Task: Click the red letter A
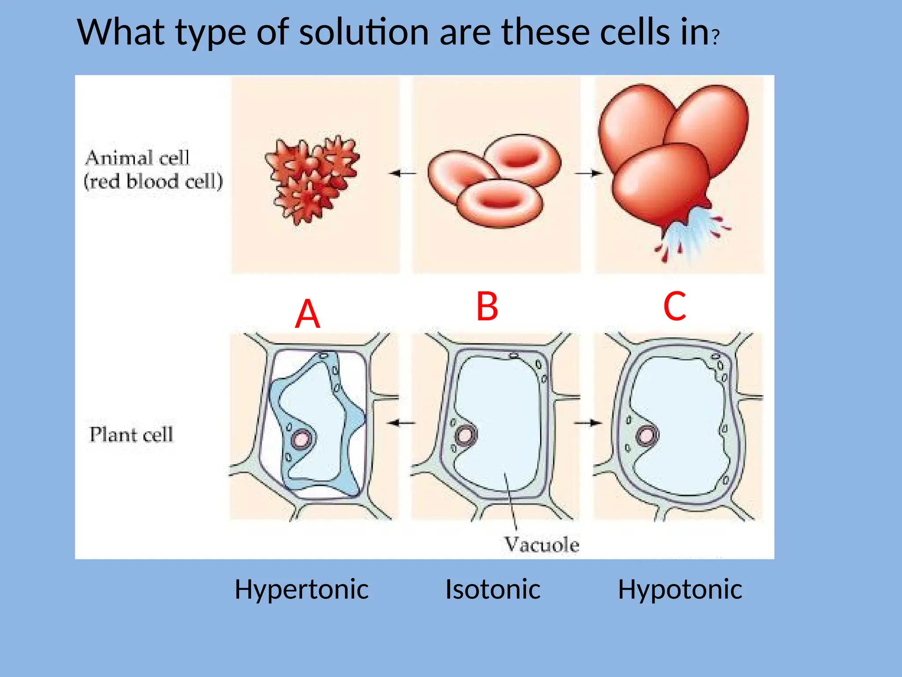(x=307, y=314)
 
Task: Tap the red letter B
(x=487, y=307)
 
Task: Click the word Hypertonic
(x=301, y=590)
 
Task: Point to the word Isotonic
(x=492, y=589)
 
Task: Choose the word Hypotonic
(x=680, y=589)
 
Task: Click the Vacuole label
(x=541, y=545)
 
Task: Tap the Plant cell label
(x=131, y=435)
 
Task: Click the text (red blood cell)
(x=153, y=181)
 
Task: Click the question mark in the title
(x=716, y=37)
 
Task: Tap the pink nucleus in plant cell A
(x=303, y=439)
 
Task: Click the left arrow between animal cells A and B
(x=402, y=173)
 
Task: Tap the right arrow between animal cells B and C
(x=588, y=173)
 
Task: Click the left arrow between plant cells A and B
(x=401, y=423)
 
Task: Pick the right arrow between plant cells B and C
(x=588, y=423)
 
